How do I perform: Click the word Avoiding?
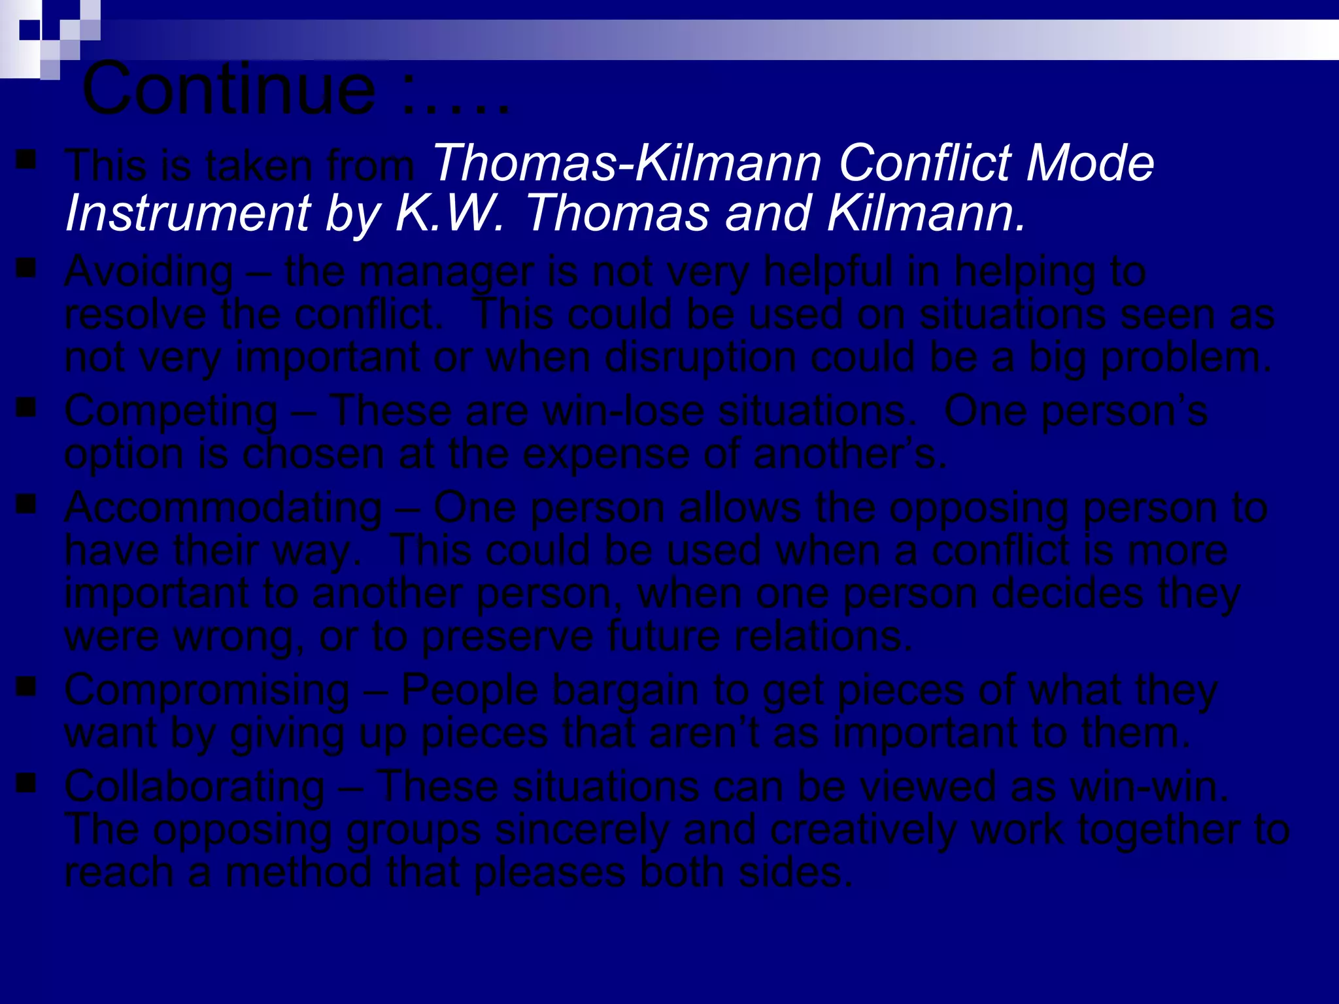point(149,271)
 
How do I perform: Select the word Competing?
point(171,412)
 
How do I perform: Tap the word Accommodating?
point(223,508)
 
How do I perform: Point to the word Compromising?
point(207,690)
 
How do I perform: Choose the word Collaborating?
point(194,786)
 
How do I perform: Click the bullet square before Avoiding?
point(26,268)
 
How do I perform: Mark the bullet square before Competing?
point(26,409)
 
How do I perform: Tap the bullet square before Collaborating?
point(26,783)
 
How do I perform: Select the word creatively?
point(864,830)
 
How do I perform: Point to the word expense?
point(606,454)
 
